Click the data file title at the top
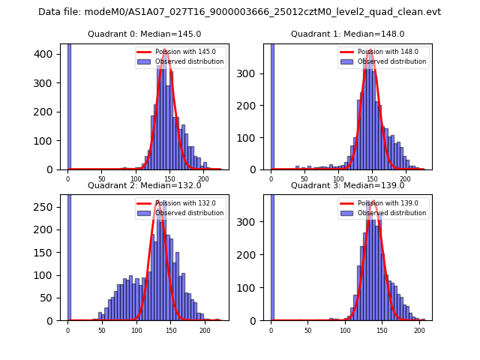click(x=239, y=12)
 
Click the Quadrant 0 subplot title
click(x=145, y=34)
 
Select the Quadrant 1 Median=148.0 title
click(x=348, y=34)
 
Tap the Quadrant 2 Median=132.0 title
click(x=145, y=185)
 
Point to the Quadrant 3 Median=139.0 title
click(x=348, y=185)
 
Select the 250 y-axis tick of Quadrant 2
click(x=50, y=206)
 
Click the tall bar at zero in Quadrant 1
click(x=271, y=105)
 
